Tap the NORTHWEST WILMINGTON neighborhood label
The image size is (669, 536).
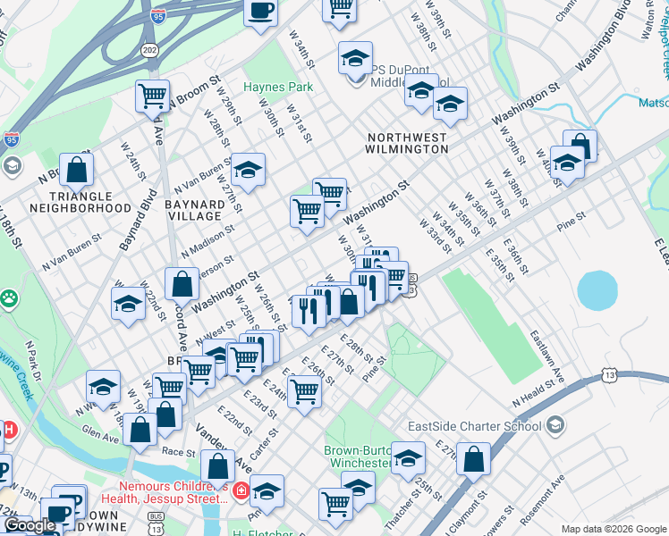(x=407, y=143)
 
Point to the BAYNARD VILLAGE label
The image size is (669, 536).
(x=194, y=210)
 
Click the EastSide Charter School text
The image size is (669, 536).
(x=474, y=424)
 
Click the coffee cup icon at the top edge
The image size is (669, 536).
(x=260, y=12)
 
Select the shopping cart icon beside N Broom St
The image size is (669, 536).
(x=153, y=96)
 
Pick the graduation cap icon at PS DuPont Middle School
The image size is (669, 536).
(x=355, y=59)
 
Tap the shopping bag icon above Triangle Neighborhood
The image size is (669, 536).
(x=78, y=170)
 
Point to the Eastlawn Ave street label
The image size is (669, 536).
(x=547, y=352)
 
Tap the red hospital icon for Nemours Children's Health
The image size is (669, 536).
(x=240, y=490)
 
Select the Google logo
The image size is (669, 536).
(x=30, y=526)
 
